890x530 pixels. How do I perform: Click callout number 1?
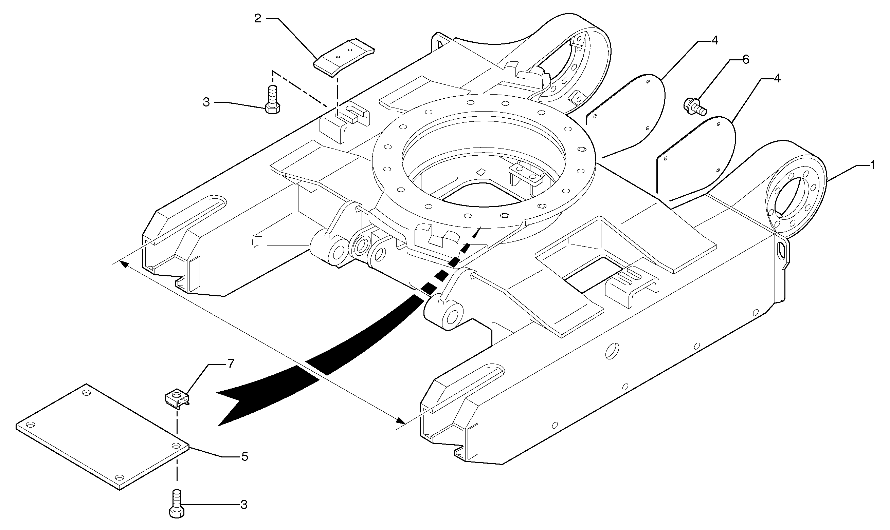[872, 165]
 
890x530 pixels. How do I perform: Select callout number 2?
[257, 19]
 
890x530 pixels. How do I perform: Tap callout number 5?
[244, 456]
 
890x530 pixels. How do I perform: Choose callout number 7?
[231, 364]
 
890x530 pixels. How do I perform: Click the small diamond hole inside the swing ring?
[482, 172]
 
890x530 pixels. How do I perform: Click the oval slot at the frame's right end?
[782, 249]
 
